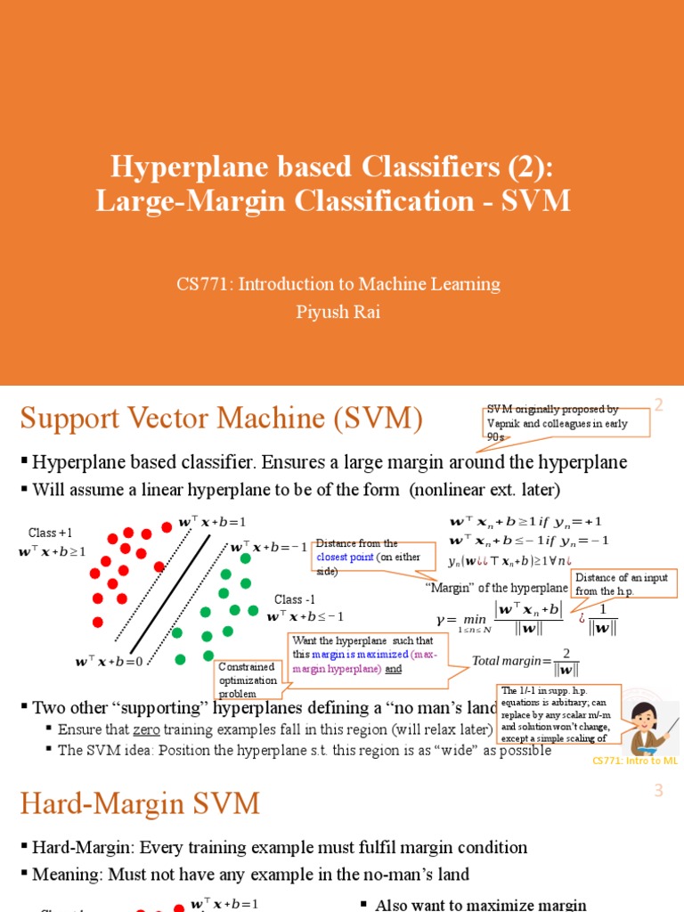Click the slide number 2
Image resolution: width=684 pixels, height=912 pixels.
click(660, 405)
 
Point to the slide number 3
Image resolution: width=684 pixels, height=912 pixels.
click(659, 791)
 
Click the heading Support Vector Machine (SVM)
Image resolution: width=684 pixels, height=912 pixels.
click(222, 418)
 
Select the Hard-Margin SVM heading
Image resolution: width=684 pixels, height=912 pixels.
click(140, 805)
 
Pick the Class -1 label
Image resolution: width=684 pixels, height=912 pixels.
click(295, 599)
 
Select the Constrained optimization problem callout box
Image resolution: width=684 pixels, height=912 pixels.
click(247, 680)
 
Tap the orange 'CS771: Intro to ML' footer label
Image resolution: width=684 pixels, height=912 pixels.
click(635, 761)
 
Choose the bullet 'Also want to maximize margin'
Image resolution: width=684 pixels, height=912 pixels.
click(481, 904)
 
